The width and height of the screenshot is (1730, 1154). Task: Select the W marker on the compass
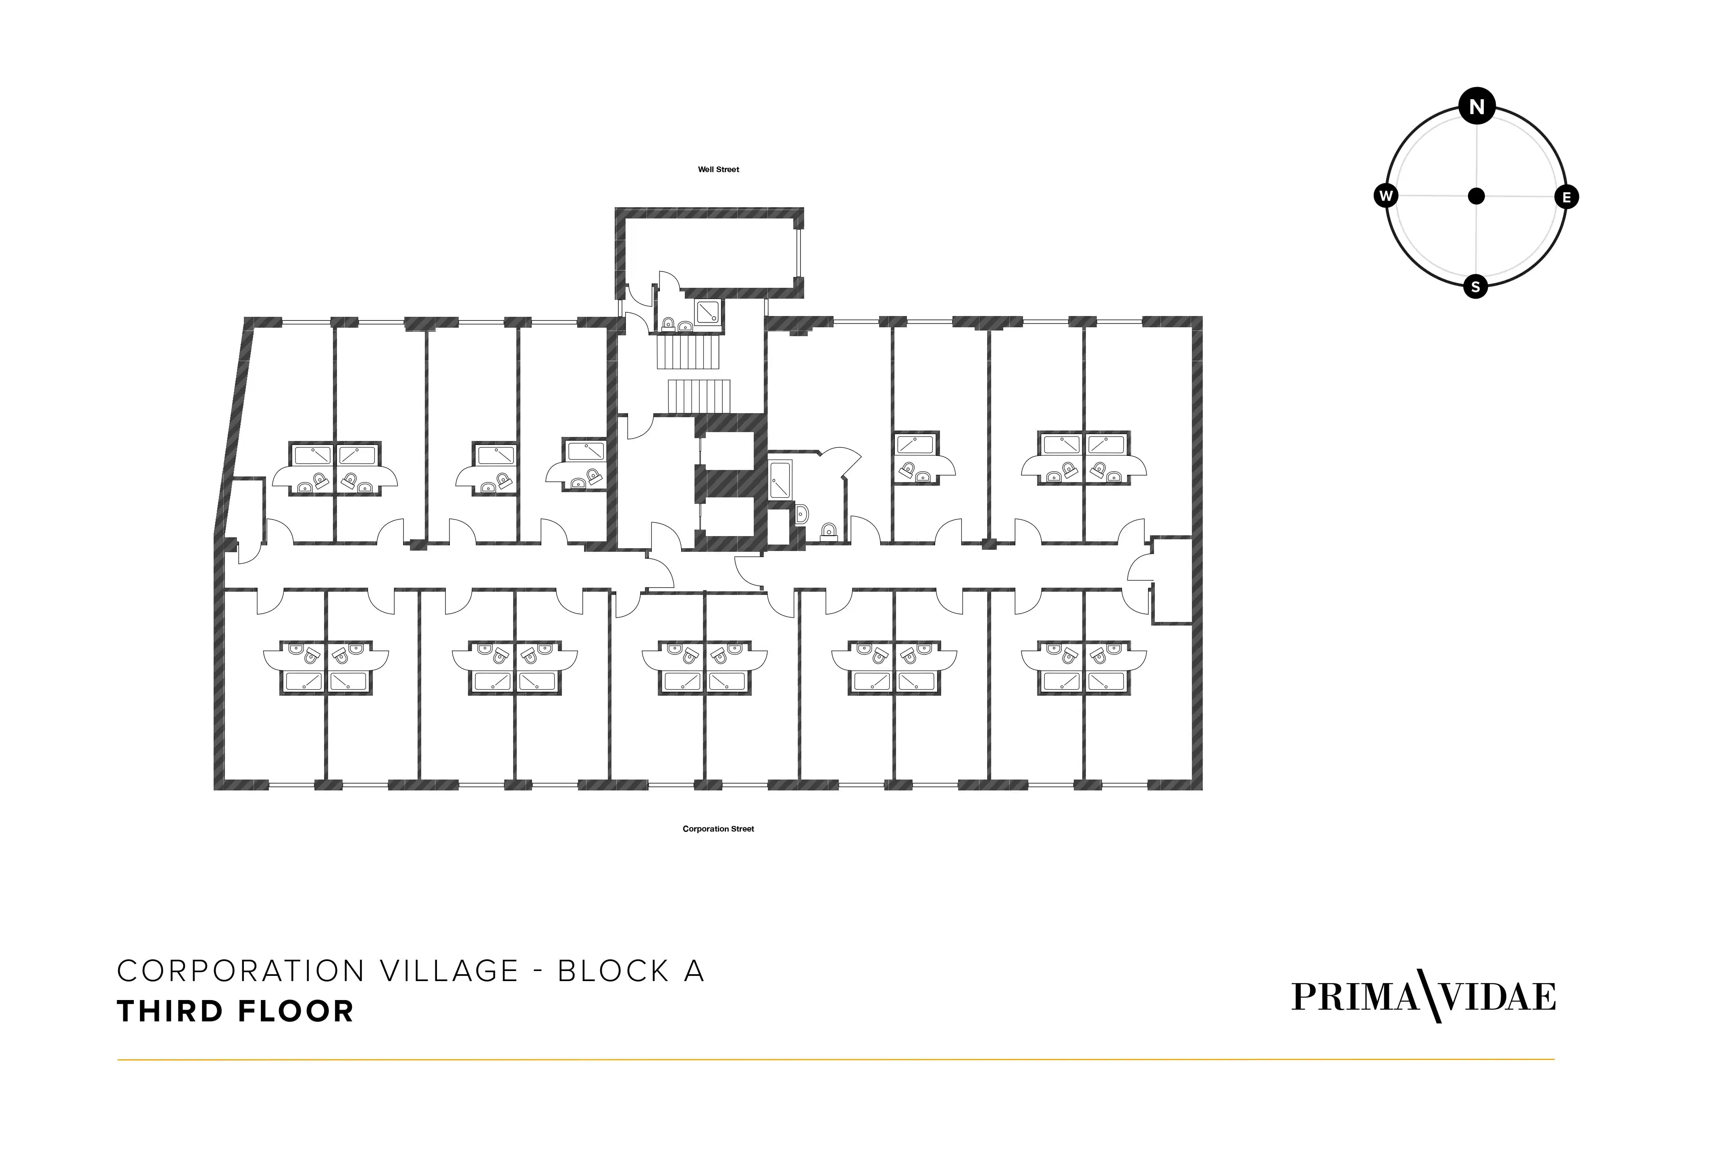point(1386,196)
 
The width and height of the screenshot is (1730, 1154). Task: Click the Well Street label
point(718,169)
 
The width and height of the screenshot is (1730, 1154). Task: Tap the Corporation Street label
point(718,829)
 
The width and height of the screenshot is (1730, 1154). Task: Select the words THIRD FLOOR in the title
point(235,1011)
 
